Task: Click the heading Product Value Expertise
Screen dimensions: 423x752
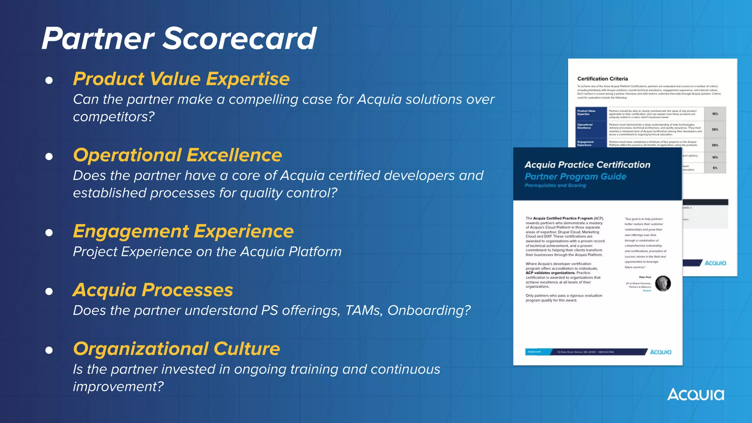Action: click(181, 79)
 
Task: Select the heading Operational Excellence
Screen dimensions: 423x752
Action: click(177, 155)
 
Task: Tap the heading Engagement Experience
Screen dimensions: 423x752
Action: click(183, 231)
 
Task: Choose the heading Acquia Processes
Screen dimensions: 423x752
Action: click(153, 290)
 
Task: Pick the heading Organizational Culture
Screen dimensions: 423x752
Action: click(176, 349)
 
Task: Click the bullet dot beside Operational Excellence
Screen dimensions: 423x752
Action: click(49, 157)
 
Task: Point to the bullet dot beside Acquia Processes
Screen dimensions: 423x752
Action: click(49, 292)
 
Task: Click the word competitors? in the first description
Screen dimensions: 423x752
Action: click(114, 117)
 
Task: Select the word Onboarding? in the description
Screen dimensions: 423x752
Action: click(429, 311)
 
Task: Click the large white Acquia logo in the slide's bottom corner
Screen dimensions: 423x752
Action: click(695, 395)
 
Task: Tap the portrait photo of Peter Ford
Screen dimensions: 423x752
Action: click(663, 283)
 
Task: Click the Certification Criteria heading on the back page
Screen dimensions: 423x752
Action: click(603, 79)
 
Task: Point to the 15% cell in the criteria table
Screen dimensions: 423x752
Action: click(715, 114)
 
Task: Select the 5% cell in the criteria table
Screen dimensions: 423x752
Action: click(715, 168)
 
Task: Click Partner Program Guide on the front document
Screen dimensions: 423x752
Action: click(575, 177)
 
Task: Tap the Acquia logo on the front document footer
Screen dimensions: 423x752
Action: click(660, 352)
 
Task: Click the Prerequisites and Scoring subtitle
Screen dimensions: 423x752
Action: click(555, 185)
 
